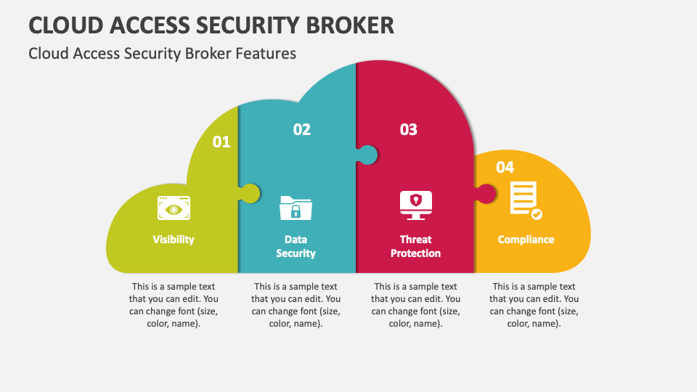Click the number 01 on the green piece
[x=221, y=142]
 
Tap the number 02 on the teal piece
[x=302, y=129]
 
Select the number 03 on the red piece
[x=409, y=129]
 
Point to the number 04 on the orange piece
[x=505, y=167]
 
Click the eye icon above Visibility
[x=174, y=208]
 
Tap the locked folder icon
[x=295, y=208]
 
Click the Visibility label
[x=174, y=239]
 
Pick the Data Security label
[x=295, y=246]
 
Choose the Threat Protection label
[x=415, y=246]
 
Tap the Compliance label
[x=526, y=239]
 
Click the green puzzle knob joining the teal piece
[x=250, y=193]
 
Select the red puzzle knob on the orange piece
[x=486, y=194]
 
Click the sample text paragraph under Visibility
[x=174, y=305]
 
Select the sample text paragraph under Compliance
[x=534, y=305]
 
